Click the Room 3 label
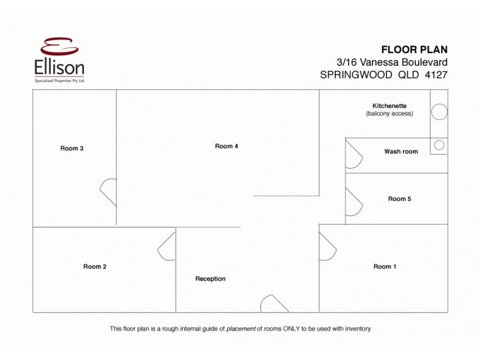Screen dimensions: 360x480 71,148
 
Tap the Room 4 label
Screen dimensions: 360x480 227,146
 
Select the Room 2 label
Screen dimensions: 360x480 95,266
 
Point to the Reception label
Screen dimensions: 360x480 210,278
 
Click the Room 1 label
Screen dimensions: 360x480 385,266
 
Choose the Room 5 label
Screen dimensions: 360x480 399,199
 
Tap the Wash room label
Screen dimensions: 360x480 401,151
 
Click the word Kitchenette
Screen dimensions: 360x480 389,106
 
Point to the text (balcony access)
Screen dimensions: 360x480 389,113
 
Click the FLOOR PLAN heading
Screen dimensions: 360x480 415,49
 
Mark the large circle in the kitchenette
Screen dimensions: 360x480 439,112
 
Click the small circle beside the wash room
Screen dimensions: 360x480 439,145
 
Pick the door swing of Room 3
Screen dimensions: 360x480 109,192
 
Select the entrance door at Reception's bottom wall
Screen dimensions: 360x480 273,303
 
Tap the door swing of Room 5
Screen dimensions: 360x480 353,203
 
